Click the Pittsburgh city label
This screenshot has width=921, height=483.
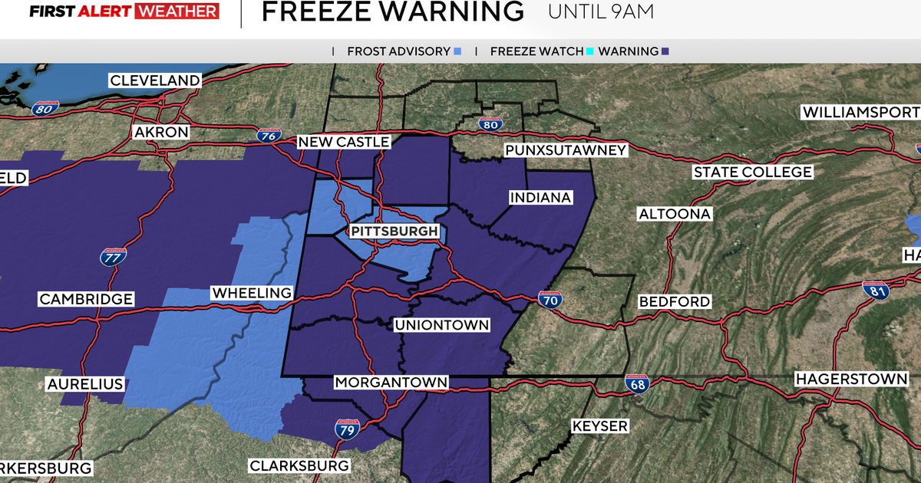pyautogui.click(x=394, y=232)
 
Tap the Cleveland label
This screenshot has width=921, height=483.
pyautogui.click(x=155, y=80)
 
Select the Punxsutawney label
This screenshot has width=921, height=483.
pyautogui.click(x=566, y=150)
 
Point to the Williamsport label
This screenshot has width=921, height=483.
pyautogui.click(x=860, y=113)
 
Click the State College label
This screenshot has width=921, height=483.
pyautogui.click(x=752, y=172)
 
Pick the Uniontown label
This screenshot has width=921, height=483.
pyautogui.click(x=441, y=325)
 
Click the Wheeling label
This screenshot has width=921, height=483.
pyautogui.click(x=252, y=293)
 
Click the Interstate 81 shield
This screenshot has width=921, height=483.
pyautogui.click(x=874, y=290)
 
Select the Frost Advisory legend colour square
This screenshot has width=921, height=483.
pyautogui.click(x=457, y=51)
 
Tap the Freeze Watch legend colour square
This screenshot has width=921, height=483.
pyautogui.click(x=589, y=51)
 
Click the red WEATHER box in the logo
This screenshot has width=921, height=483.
pyautogui.click(x=177, y=11)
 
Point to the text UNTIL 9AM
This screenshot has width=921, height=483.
pyautogui.click(x=602, y=12)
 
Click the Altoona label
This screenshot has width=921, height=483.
pyautogui.click(x=675, y=214)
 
